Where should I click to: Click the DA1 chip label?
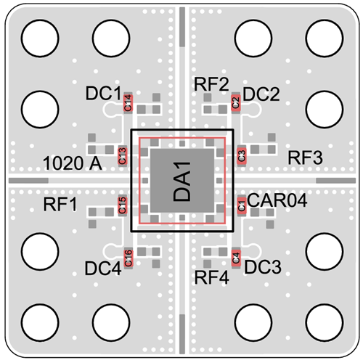pyautogui.click(x=182, y=181)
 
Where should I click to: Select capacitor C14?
pyautogui.click(x=128, y=103)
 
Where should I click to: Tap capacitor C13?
pyautogui.click(x=122, y=156)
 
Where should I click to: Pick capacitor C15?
pyautogui.click(x=122, y=205)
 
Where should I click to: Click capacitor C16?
pyautogui.click(x=128, y=258)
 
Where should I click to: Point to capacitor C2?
pyautogui.click(x=236, y=102)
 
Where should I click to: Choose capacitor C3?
pyautogui.click(x=242, y=156)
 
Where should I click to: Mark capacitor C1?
pyautogui.click(x=242, y=205)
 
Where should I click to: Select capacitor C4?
pyautogui.click(x=236, y=258)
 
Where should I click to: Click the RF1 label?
pyautogui.click(x=60, y=205)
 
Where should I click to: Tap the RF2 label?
pyautogui.click(x=211, y=84)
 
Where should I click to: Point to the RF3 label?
pyautogui.click(x=305, y=157)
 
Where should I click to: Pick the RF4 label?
pyautogui.click(x=212, y=277)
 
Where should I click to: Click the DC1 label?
pyautogui.click(x=103, y=94)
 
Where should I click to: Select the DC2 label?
pyautogui.click(x=261, y=94)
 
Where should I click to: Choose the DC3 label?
pyautogui.click(x=263, y=267)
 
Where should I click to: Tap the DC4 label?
pyautogui.click(x=103, y=269)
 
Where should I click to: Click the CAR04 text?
pyautogui.click(x=277, y=200)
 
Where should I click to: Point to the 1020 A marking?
pyautogui.click(x=73, y=163)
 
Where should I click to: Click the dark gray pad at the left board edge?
pyautogui.click(x=28, y=181)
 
